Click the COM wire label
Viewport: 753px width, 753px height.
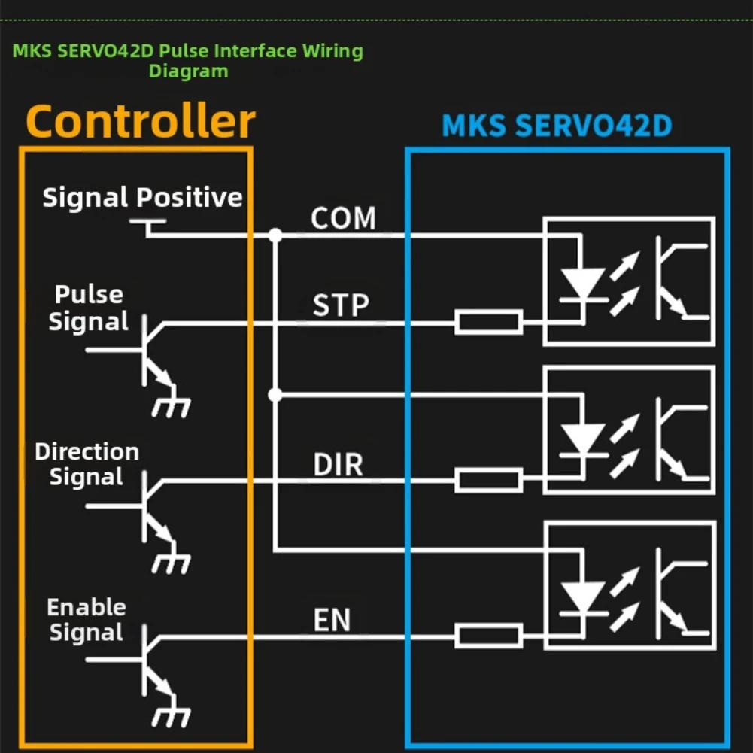(x=343, y=219)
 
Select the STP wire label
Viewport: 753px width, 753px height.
(x=341, y=306)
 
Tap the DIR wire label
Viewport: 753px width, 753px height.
(x=339, y=465)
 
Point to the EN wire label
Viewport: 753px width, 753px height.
(x=332, y=621)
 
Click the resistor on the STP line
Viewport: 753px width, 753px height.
(x=488, y=323)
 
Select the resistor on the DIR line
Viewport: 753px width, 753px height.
(x=488, y=480)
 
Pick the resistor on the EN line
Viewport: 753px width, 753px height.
(x=488, y=636)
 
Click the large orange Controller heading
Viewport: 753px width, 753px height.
(x=141, y=122)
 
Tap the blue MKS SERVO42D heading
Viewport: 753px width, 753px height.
(x=556, y=126)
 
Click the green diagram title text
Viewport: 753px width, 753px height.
(x=188, y=61)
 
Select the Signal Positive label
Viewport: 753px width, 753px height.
(x=142, y=198)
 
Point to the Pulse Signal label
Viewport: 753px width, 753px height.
(x=89, y=308)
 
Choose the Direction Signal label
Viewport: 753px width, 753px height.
(x=87, y=464)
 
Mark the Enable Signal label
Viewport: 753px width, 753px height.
(x=86, y=620)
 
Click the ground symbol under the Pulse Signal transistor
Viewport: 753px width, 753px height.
(x=172, y=407)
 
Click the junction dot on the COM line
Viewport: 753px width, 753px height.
(x=275, y=235)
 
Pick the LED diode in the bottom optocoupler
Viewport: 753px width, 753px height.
(x=583, y=599)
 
